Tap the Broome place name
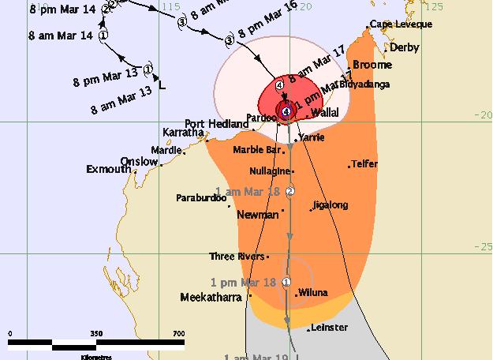pos(373,65)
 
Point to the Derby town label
pos(403,47)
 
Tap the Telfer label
pos(364,164)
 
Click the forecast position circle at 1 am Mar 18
pos(290,191)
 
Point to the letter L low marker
pos(162,84)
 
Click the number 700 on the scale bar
pos(178,333)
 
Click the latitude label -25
pos(482,246)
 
